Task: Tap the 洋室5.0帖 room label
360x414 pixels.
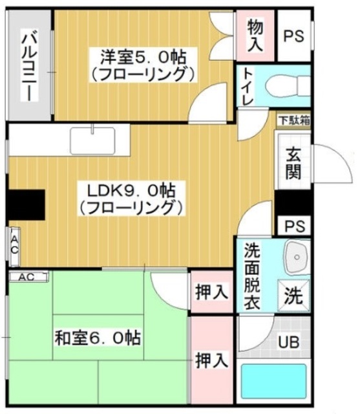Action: pos(142,63)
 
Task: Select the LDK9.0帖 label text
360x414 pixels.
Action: pos(132,199)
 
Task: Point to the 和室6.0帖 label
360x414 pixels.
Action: pos(98,337)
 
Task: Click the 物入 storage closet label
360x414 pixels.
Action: pos(255,36)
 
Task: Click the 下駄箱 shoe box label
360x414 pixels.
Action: pos(293,120)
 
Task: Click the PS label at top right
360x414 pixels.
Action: pos(295,36)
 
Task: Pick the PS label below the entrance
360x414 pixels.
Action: pos(294,226)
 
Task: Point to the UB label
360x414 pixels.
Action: pos(288,342)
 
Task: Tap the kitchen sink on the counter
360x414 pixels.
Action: pos(92,140)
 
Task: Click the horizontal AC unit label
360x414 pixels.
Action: pos(28,277)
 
